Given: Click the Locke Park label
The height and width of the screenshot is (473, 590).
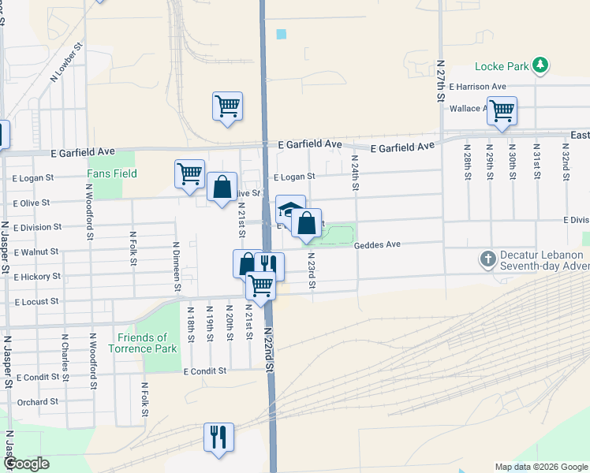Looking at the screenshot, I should pos(502,66).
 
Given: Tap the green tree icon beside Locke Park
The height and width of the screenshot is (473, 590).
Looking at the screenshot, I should pos(540,65).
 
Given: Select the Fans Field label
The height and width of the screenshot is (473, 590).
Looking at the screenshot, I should pos(112,173).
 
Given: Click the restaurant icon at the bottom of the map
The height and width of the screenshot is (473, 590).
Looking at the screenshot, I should pos(216,437).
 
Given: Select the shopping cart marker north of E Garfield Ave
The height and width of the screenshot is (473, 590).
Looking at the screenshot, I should pos(227,106).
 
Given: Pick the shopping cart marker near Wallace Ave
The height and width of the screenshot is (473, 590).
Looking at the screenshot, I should pos(501,110).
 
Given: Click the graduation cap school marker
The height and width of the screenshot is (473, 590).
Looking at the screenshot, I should pos(289,209).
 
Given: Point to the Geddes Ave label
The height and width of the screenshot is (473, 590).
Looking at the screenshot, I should pos(378,245).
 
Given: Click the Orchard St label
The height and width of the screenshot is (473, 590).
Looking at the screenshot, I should pos(38,401).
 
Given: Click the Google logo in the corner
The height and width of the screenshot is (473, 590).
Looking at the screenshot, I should pos(26,464).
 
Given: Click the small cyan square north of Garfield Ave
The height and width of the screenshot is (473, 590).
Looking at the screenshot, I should pos(282,34).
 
